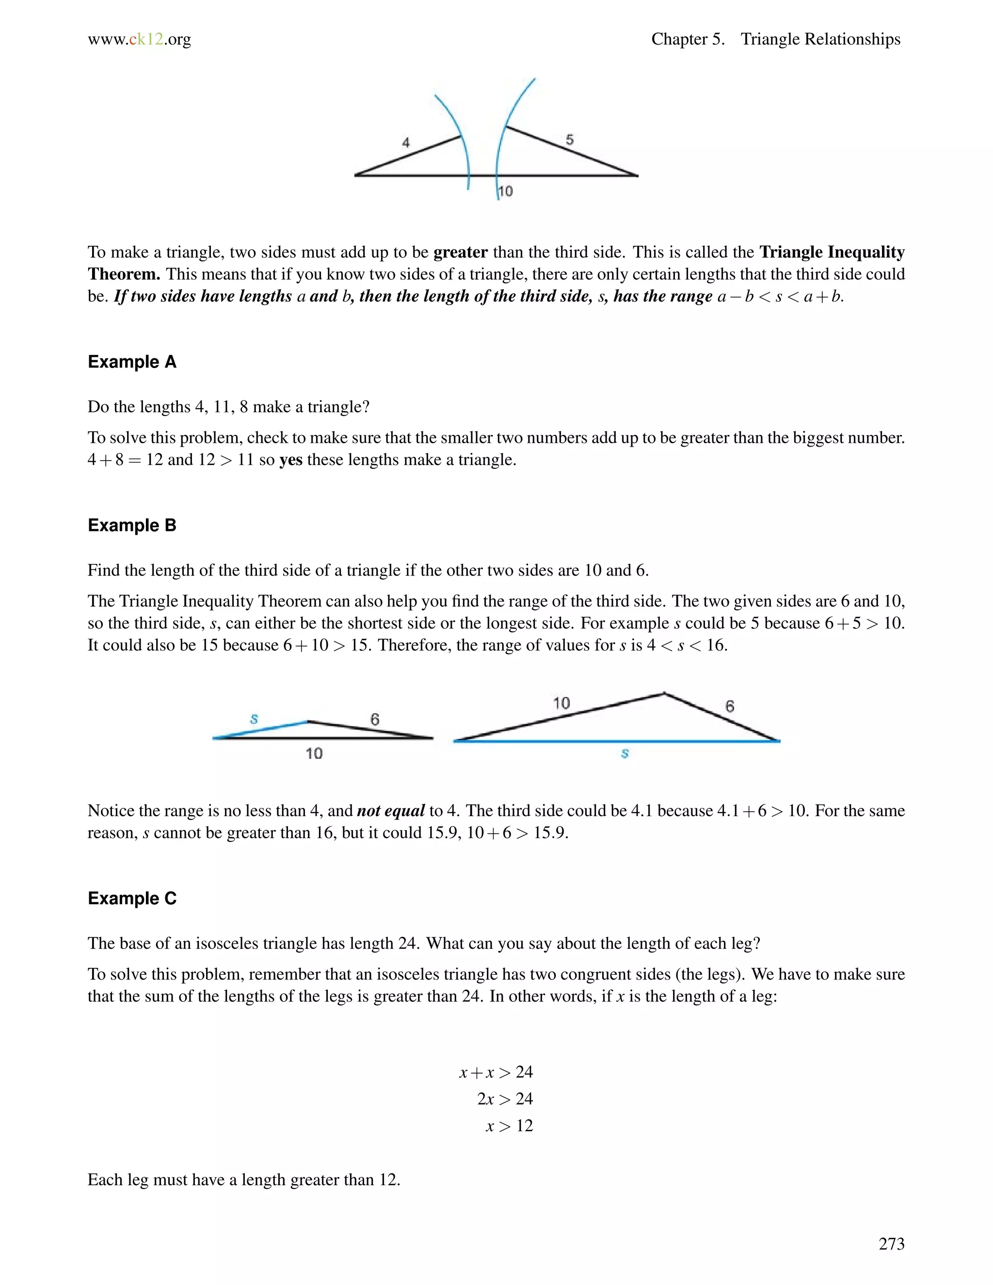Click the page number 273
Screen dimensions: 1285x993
(x=891, y=1243)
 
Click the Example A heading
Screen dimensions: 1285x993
(x=132, y=362)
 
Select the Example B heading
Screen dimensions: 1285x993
(x=132, y=526)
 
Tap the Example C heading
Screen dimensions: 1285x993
(x=132, y=899)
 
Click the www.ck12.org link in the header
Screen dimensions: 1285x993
(x=140, y=39)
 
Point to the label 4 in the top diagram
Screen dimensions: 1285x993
(x=405, y=143)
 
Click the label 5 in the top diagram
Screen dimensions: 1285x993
(x=569, y=140)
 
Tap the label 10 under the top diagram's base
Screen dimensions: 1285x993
(x=506, y=191)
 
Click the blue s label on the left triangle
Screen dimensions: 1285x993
(x=254, y=719)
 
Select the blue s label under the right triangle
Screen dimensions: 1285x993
(x=625, y=753)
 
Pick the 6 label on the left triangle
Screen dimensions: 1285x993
(x=375, y=719)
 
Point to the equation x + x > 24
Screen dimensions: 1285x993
(x=496, y=1072)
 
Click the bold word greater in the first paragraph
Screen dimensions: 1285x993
(x=461, y=253)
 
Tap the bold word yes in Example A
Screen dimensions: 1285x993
(x=290, y=460)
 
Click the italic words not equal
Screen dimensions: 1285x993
(x=391, y=811)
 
